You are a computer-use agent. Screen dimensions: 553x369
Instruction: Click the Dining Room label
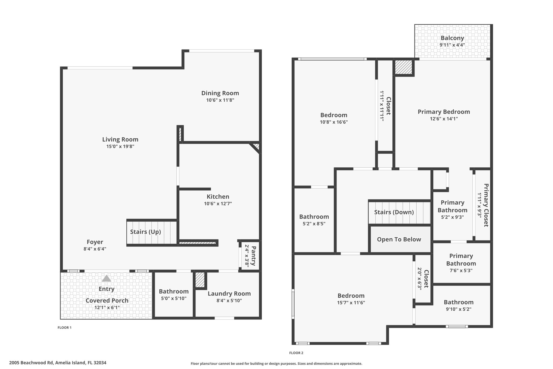click(220, 93)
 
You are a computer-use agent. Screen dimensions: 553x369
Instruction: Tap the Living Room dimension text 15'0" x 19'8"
click(120, 147)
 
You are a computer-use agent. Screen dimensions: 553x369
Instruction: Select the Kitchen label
click(218, 197)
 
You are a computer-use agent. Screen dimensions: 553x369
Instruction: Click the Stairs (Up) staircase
click(152, 232)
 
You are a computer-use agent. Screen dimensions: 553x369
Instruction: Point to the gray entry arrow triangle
click(106, 278)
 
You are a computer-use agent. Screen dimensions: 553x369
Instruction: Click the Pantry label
click(254, 255)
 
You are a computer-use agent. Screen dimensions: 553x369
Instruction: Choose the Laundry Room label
click(229, 294)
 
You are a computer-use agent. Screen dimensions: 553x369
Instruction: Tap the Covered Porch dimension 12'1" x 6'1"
click(107, 307)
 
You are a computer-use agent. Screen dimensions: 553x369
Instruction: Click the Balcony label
click(452, 38)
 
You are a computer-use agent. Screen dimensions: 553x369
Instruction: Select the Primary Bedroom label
click(444, 112)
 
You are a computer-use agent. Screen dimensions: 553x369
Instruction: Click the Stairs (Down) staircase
click(399, 212)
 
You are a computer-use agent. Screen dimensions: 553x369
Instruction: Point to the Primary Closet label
click(486, 205)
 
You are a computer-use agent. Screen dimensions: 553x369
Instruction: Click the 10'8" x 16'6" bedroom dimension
click(334, 122)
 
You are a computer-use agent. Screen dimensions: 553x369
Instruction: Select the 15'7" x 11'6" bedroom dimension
click(351, 302)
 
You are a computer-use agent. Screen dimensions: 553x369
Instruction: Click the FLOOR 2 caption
click(296, 353)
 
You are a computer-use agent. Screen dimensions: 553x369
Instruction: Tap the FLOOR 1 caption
click(65, 327)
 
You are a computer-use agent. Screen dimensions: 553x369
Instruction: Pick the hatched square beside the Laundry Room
click(200, 280)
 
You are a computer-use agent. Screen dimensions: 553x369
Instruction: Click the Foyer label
click(95, 242)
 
